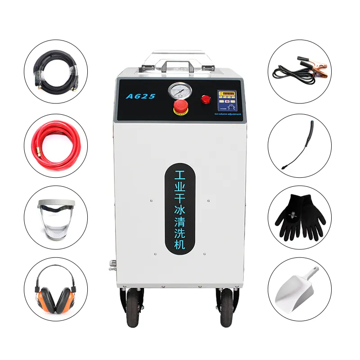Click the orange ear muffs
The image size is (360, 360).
tap(55, 288)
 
